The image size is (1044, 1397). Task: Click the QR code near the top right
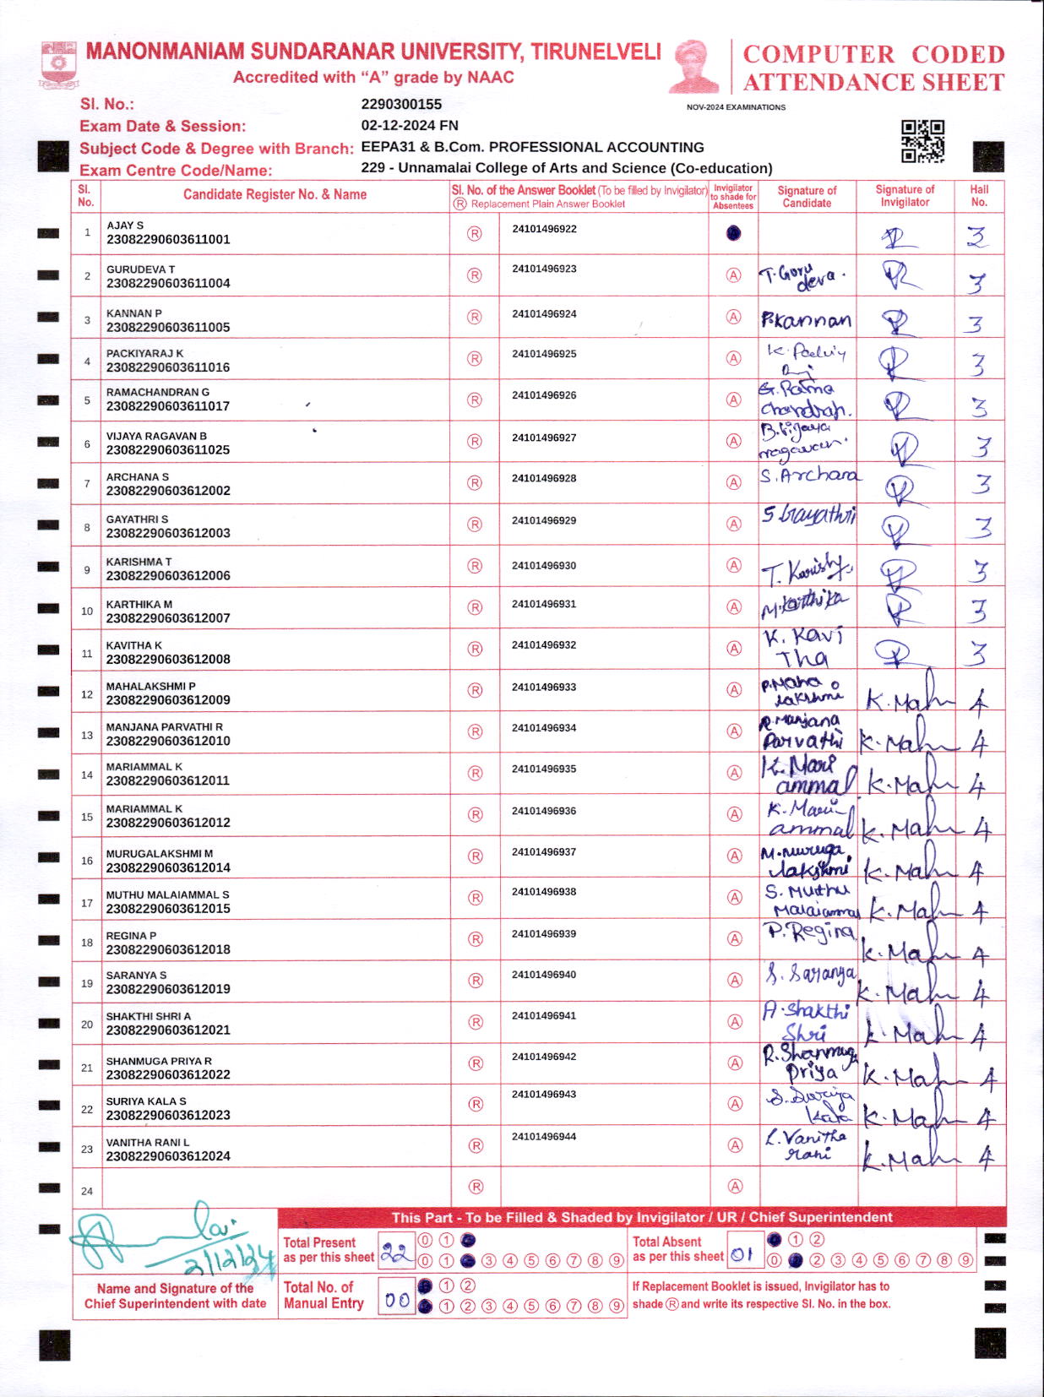point(922,141)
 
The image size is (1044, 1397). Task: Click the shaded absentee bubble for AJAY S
point(733,233)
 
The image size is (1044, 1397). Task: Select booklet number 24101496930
point(544,565)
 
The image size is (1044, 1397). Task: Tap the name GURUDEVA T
point(140,269)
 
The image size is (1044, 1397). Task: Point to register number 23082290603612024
point(168,1156)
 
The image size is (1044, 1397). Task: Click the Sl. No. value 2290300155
point(401,104)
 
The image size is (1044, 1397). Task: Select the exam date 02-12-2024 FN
point(410,125)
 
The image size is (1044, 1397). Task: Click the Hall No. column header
point(979,196)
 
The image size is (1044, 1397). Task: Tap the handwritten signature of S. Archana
point(808,476)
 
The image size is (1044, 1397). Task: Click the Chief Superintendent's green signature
point(173,1240)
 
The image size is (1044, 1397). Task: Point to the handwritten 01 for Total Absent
point(742,1254)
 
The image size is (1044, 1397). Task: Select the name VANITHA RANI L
point(148,1143)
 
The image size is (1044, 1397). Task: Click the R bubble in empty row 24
point(476,1187)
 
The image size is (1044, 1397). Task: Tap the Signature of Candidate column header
point(807,197)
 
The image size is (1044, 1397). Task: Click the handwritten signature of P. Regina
point(808,932)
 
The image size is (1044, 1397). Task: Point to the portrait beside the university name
point(694,66)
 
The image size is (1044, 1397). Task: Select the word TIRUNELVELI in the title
point(595,52)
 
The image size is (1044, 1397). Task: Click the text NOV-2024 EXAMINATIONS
point(736,107)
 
